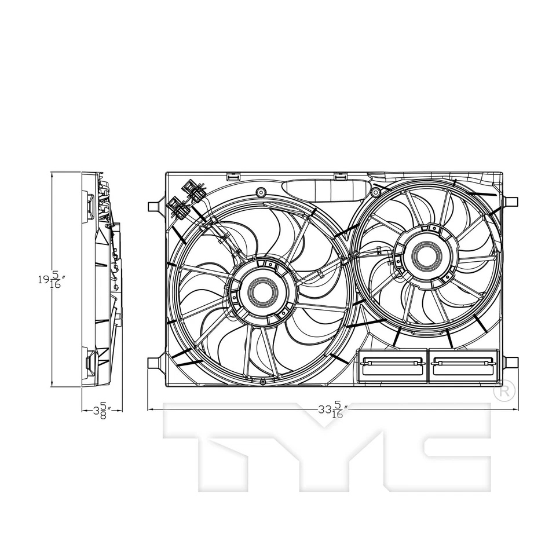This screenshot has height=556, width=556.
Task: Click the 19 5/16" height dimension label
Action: pos(52,280)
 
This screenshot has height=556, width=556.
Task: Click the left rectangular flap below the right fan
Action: pos(392,365)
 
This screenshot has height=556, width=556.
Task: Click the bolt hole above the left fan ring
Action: pos(261,192)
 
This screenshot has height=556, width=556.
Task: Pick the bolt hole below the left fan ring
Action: pos(263,381)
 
